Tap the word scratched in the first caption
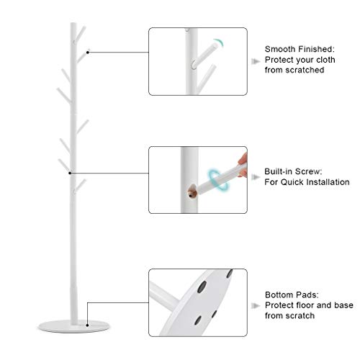(x=305, y=71)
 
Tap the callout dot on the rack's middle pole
(x=70, y=173)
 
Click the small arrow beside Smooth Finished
(x=256, y=60)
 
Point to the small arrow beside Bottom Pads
(x=256, y=305)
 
